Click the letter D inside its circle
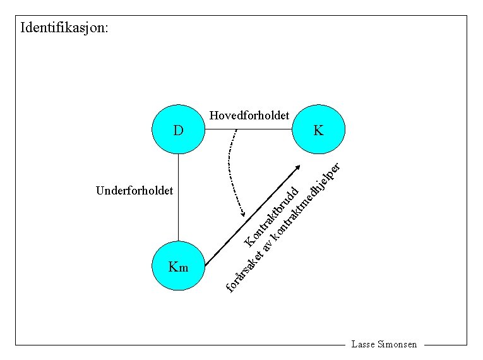point(179,131)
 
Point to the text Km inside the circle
point(179,267)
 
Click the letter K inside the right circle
point(318,131)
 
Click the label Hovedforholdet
point(249,116)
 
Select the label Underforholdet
point(134,190)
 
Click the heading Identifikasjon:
point(64,28)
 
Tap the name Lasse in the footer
point(363,345)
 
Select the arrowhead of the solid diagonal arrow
point(298,167)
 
